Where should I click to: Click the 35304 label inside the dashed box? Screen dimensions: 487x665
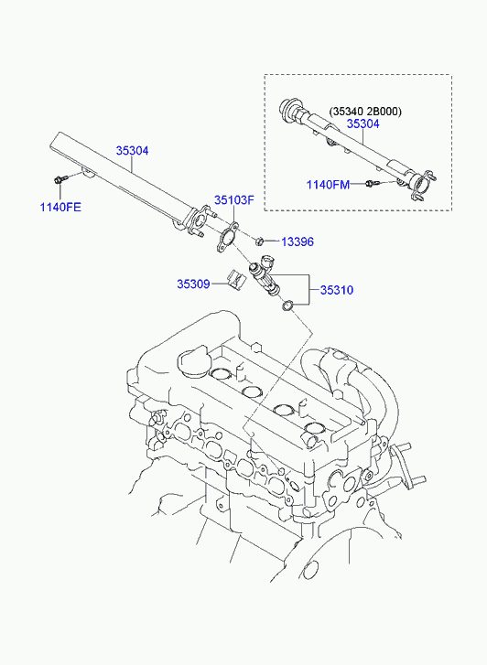point(363,123)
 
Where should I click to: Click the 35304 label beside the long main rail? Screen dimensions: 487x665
point(133,151)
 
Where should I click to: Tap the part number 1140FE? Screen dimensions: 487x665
point(60,208)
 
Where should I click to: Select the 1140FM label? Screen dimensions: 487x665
point(329,185)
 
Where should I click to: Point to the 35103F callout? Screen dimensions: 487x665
point(234,199)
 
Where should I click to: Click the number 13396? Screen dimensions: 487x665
point(298,241)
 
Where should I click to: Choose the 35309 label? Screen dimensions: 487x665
point(193,284)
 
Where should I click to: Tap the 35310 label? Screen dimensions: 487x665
point(337,290)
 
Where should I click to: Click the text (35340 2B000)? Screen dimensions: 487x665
point(365,112)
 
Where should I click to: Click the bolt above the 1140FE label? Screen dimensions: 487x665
point(59,179)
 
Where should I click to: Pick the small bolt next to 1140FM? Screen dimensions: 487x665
point(372,183)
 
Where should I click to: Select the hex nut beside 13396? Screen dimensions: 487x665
point(260,241)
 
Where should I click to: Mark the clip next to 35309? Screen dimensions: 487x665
point(236,279)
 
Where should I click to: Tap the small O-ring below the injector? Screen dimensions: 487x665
point(288,306)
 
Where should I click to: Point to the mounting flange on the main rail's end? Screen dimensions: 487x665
point(199,220)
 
